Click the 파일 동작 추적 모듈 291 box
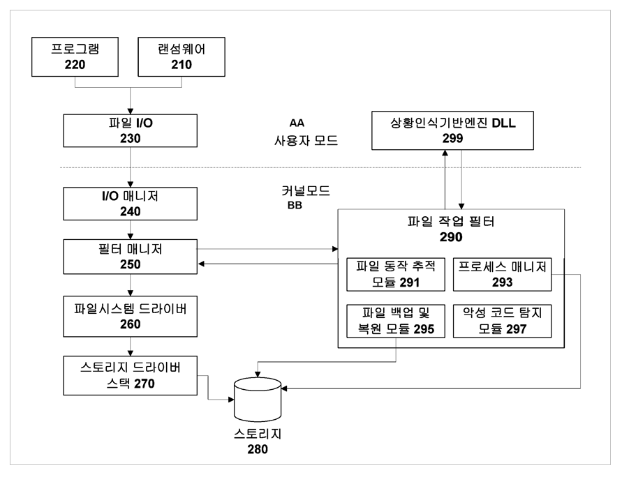coord(396,273)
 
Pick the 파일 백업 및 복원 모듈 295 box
coord(396,321)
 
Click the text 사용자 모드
coord(306,140)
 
